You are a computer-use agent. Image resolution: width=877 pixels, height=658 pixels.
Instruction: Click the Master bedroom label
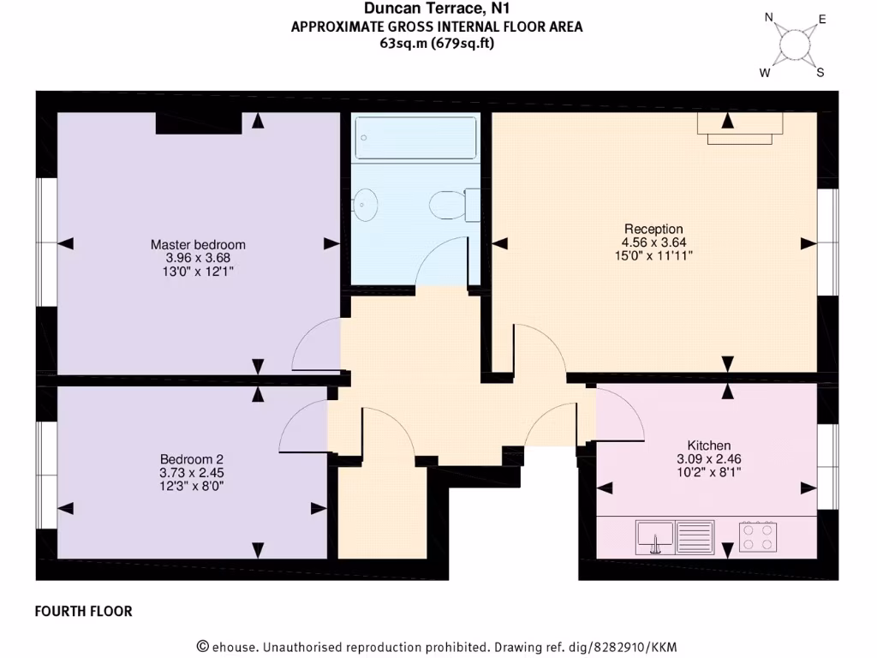coord(198,244)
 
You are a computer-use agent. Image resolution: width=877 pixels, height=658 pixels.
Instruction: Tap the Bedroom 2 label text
coord(191,458)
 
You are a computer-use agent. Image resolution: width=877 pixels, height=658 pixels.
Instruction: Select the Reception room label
coord(653,229)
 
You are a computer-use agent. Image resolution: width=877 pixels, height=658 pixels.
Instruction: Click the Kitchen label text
coord(709,446)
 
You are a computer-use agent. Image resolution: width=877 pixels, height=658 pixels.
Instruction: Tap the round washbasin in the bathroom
coord(366,203)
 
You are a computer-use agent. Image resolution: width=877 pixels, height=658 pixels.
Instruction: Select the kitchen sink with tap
coord(655,536)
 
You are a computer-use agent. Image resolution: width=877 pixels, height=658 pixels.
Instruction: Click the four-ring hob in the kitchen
coord(758,536)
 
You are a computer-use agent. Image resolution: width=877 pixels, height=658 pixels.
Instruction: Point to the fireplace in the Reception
coord(740,127)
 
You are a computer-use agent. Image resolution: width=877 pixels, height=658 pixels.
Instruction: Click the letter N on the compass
coord(769,17)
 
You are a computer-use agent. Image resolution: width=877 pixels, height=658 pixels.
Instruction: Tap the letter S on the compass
coord(820,73)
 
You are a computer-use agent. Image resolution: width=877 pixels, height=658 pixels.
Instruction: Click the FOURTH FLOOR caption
coord(83,612)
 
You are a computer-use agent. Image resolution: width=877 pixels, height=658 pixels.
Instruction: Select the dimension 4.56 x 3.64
coord(653,242)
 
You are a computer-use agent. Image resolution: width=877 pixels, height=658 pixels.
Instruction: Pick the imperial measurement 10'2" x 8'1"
coord(709,471)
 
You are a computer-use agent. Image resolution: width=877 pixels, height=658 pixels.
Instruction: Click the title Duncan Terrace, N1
coord(437,9)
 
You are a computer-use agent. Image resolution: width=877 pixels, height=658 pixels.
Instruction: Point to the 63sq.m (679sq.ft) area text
coord(437,44)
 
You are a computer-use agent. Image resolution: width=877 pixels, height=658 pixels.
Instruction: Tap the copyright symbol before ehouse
coord(203,647)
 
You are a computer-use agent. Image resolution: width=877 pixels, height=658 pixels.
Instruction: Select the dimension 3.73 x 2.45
coord(191,472)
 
